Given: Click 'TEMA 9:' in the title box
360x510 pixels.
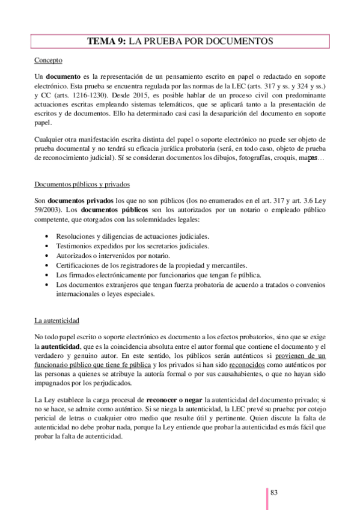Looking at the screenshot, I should click(106, 41).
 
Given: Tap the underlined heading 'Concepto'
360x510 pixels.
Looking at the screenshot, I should click(48, 61).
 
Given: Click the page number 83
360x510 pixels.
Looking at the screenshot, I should click(274, 493).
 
